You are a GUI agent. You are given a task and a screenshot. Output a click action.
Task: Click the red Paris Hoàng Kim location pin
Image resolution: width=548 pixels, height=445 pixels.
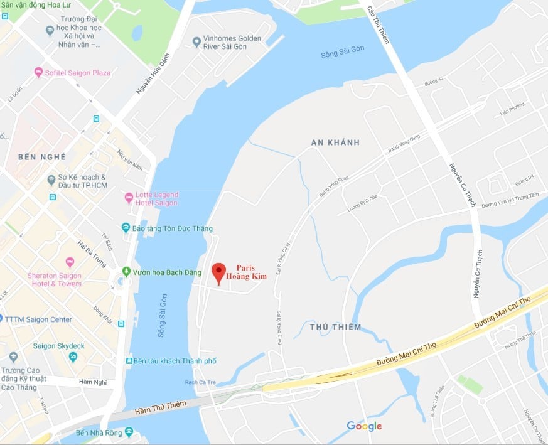pyautogui.click(x=218, y=272)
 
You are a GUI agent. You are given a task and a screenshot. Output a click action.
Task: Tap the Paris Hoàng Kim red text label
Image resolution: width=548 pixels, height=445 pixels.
pyautogui.click(x=245, y=272)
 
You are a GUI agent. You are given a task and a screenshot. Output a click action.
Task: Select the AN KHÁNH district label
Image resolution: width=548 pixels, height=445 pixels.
pyautogui.click(x=335, y=142)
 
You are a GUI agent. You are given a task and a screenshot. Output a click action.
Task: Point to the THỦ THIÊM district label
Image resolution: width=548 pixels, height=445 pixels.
pyautogui.click(x=336, y=327)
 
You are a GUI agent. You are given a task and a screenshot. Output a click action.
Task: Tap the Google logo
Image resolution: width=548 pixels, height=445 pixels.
pyautogui.click(x=364, y=427)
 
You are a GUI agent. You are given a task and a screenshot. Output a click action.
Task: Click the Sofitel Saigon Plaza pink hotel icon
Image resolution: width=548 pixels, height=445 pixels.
pyautogui.click(x=38, y=73)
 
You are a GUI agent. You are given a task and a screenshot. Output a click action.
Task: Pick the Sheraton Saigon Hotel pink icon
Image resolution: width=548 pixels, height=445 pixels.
pyautogui.click(x=70, y=262)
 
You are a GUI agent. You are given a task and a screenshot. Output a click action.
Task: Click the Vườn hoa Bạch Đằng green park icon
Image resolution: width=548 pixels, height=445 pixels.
pyautogui.click(x=126, y=272)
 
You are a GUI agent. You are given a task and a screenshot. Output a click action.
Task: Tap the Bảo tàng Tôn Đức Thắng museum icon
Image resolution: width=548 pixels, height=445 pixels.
pyautogui.click(x=126, y=228)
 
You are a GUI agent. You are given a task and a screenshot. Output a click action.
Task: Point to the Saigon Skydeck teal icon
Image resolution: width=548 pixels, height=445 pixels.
pyautogui.click(x=73, y=357)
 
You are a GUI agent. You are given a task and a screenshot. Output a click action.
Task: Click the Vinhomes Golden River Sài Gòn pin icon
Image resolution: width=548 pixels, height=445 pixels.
pyautogui.click(x=197, y=42)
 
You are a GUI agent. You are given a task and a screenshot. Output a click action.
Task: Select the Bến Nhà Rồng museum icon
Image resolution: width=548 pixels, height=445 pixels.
pyautogui.click(x=129, y=432)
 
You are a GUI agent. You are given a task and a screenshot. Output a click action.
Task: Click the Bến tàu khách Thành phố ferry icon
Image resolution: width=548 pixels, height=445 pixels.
pyautogui.click(x=129, y=362)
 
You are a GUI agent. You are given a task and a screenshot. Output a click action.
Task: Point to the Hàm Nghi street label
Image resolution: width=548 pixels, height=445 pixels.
pyautogui.click(x=93, y=382)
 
